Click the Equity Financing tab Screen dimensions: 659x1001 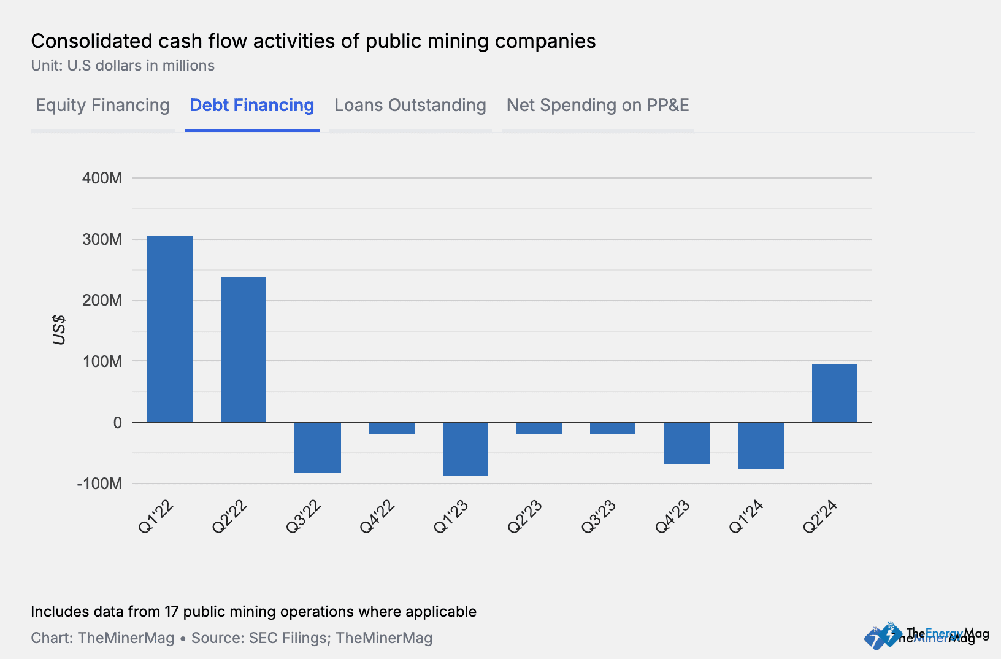[102, 106]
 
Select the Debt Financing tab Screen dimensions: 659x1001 [251, 106]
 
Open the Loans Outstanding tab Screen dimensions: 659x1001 [410, 106]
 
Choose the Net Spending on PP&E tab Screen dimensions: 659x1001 [597, 106]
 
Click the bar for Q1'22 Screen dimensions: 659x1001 [170, 329]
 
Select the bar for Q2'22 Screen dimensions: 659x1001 [244, 349]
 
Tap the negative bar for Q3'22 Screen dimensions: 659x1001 [318, 447]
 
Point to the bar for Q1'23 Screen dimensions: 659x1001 [466, 449]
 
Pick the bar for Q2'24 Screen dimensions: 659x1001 [834, 393]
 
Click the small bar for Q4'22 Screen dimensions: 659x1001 [392, 428]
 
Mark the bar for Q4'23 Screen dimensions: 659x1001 [687, 443]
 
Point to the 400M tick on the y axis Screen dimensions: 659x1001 [102, 178]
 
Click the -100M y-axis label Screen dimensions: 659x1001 [99, 484]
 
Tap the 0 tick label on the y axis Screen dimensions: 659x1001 [117, 423]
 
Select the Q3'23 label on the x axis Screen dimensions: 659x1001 [599, 517]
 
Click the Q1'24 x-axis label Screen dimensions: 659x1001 [746, 517]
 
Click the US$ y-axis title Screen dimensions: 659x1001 [59, 329]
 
